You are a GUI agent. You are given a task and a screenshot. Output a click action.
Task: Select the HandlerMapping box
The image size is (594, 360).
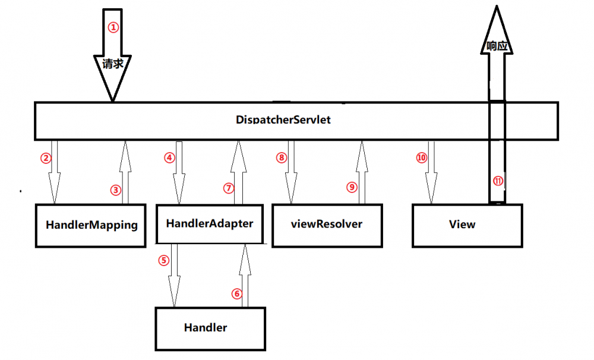(91, 226)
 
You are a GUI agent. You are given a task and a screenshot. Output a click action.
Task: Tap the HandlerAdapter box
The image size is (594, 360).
(210, 224)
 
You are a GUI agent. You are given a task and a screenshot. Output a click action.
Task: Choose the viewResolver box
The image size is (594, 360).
(327, 225)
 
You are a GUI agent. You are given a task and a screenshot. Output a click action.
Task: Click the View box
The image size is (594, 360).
(467, 225)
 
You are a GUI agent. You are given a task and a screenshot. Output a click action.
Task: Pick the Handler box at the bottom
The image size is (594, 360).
(210, 327)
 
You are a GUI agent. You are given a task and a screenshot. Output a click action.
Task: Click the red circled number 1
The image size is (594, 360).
(113, 27)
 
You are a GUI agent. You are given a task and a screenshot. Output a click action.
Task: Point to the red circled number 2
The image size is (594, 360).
(46, 158)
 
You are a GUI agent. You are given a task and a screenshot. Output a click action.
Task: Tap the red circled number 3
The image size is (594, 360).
(116, 190)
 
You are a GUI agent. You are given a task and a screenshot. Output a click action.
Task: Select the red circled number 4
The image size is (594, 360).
(170, 158)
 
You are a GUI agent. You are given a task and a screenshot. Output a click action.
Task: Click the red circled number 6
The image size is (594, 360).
(237, 293)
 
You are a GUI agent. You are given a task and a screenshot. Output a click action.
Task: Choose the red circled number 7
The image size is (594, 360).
(229, 188)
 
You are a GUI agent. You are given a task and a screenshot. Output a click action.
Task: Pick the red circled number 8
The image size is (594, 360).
(282, 158)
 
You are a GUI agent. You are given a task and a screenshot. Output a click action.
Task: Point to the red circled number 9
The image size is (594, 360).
(352, 187)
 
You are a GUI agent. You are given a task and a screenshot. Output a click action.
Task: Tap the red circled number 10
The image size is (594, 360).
(422, 158)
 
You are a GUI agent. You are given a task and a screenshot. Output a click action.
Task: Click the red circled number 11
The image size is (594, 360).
(497, 182)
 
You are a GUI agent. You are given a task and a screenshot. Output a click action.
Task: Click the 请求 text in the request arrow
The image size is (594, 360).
(113, 64)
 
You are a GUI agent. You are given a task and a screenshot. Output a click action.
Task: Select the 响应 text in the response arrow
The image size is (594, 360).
(497, 46)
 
